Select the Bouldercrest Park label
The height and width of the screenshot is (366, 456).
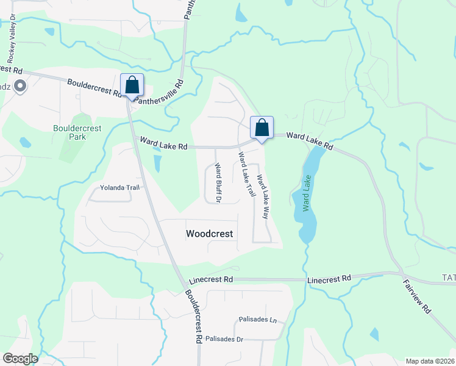[x=77, y=132]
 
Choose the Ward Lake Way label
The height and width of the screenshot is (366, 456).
[x=263, y=196]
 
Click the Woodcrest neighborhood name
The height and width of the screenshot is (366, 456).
[x=210, y=234]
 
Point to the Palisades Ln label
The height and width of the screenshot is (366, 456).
[x=257, y=320]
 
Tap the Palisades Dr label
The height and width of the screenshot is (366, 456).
[x=224, y=339]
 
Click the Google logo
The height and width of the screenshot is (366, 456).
[x=20, y=359]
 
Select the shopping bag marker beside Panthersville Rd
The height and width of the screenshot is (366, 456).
[x=132, y=85]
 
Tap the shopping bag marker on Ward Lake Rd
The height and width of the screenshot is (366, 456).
[x=262, y=128]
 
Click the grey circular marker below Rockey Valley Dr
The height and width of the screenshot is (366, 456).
[x=20, y=87]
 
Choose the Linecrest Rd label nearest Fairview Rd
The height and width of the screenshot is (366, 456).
[x=330, y=278]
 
